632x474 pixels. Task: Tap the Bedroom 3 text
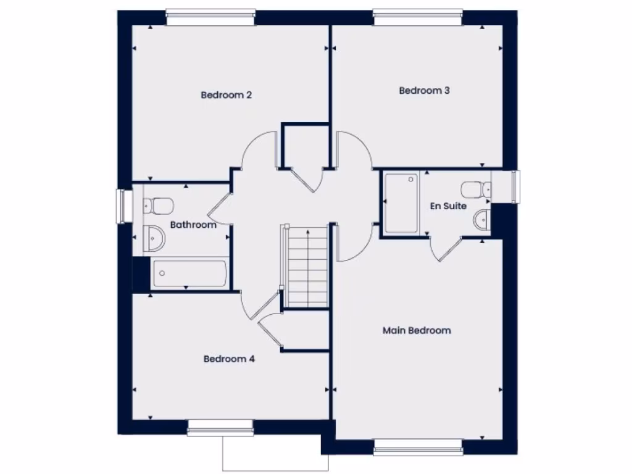[424, 91]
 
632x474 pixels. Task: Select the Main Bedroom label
[417, 331]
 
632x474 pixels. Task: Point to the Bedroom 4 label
[229, 359]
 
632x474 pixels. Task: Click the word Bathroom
[193, 225]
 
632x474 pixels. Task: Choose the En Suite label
[448, 206]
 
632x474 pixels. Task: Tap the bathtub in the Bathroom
[189, 273]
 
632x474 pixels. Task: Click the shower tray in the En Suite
[401, 203]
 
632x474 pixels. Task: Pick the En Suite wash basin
[481, 219]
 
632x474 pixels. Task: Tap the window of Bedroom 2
[210, 17]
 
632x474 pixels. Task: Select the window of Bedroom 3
[418, 17]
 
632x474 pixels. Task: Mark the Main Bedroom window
[418, 447]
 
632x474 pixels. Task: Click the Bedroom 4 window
[220, 427]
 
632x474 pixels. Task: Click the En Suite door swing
[446, 250]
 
